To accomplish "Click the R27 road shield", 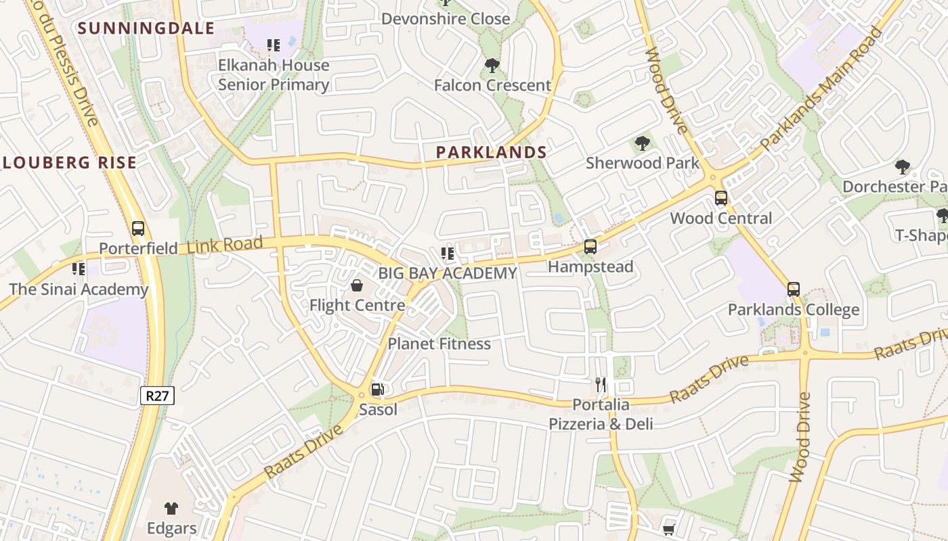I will coord(157,396).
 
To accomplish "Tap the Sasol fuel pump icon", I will coord(378,389).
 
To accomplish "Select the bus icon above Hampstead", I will coord(590,247).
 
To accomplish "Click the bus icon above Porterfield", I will coord(138,229).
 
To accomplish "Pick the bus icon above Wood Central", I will coord(721,198).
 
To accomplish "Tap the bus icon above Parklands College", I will coord(794,289).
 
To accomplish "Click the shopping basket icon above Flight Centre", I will coord(357,285).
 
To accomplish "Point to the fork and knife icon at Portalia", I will coord(601,385).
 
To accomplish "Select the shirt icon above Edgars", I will coord(171,509).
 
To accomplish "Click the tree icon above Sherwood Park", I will coord(643,143).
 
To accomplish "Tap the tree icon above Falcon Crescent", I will coord(492,66).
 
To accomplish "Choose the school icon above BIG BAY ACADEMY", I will coord(447,254).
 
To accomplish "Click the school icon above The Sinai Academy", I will coord(79,269).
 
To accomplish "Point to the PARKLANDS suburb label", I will coord(491,152).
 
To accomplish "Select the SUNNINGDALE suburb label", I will coord(146,28).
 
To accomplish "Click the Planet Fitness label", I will coord(439,344).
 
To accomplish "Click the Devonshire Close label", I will coord(446,19).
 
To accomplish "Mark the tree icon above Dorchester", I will coord(902,166).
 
